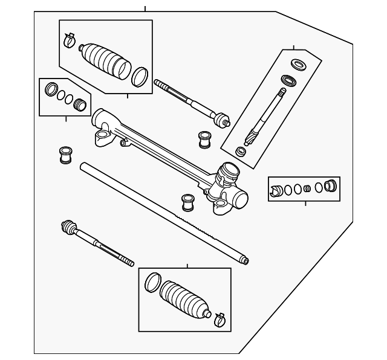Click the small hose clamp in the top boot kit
pos(69,40)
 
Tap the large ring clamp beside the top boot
pos(140,77)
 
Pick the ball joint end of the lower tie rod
pos(68,228)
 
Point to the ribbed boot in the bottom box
pos(184,299)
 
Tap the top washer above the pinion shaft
pos(298,63)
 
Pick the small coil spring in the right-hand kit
pos(307,188)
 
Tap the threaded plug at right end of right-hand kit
pos(330,185)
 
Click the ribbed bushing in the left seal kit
pos(79,105)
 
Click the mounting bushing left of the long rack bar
pos(64,154)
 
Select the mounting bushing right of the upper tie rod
pos(204,138)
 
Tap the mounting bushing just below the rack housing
pos(187,202)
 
